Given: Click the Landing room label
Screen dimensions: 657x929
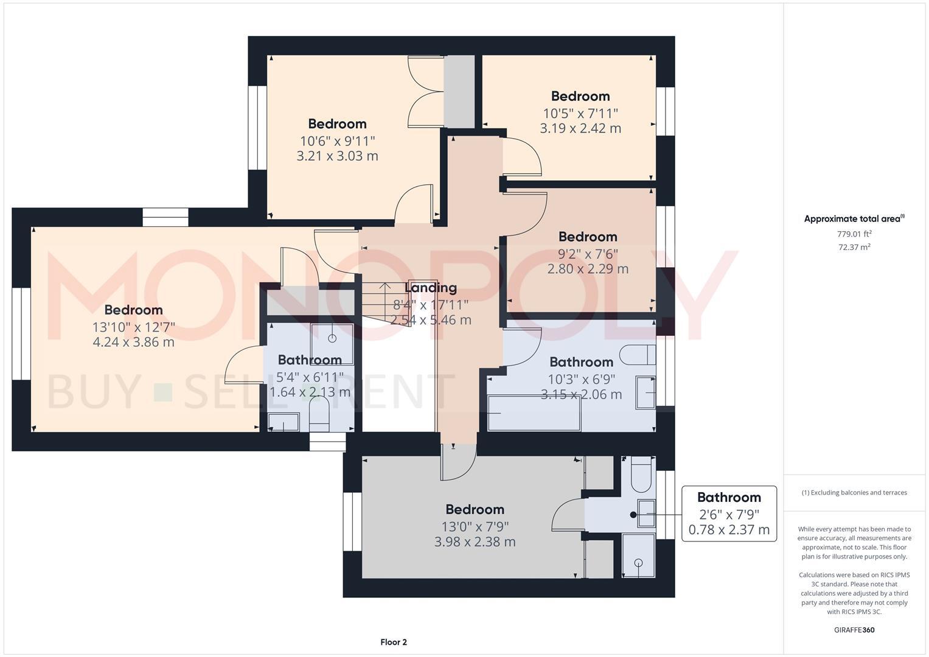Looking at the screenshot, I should tap(431, 288).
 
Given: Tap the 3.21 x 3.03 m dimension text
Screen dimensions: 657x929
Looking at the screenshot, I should tap(337, 156).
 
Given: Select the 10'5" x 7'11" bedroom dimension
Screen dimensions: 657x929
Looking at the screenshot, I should tap(580, 113).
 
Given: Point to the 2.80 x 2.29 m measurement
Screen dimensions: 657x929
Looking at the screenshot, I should tap(588, 269).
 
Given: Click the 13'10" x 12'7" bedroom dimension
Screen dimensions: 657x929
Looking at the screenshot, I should tap(133, 327).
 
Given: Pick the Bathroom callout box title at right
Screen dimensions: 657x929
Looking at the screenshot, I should tap(729, 497).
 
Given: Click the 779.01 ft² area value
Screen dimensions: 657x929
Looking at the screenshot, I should tap(854, 234).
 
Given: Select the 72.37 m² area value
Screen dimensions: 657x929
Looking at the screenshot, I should tap(854, 247).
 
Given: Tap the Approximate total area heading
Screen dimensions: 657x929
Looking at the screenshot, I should tap(854, 219).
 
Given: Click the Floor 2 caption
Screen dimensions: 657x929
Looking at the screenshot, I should tap(394, 642).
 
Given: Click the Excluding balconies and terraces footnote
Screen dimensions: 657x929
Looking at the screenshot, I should tap(854, 493).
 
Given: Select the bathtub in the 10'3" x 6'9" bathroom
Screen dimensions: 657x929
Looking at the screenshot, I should tap(534, 414).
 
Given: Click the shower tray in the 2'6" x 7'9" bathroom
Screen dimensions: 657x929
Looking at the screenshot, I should tap(638, 555).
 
